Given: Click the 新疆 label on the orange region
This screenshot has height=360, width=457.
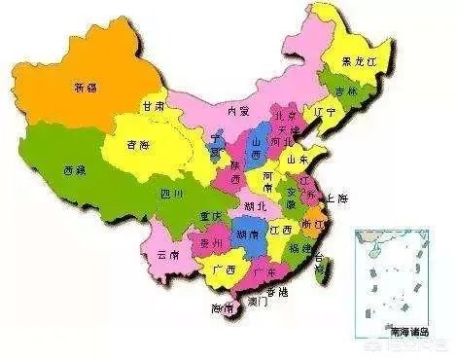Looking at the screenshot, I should coord(86,88).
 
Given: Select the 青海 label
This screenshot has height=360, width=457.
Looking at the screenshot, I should coord(138,146).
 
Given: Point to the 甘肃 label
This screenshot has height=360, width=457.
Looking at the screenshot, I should coord(152,105).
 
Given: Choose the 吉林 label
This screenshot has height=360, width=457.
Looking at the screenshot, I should coord(347,90).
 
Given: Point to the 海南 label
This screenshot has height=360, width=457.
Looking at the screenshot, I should coord(224,307).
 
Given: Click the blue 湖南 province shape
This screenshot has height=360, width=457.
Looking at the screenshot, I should coord(250,238).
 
